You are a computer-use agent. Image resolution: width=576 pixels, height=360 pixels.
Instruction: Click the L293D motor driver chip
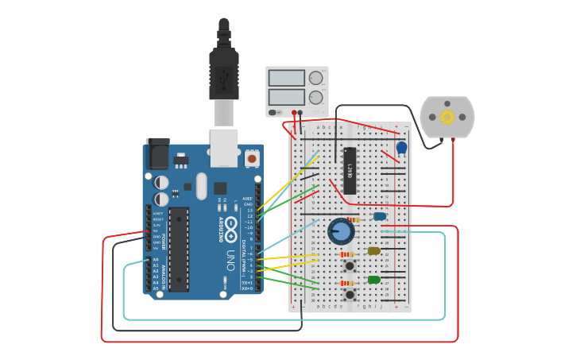click(x=350, y=171)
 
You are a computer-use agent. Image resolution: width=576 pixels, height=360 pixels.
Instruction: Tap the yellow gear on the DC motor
click(x=447, y=117)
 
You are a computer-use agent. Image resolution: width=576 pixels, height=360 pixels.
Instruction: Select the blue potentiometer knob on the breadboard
click(x=342, y=231)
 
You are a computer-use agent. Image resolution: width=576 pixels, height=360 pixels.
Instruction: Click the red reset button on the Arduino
click(x=252, y=158)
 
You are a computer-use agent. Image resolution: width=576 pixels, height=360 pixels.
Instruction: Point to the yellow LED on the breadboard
click(x=374, y=251)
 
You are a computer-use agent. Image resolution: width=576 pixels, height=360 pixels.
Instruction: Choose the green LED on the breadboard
click(x=374, y=280)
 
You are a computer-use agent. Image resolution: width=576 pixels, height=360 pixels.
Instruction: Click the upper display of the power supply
click(x=286, y=78)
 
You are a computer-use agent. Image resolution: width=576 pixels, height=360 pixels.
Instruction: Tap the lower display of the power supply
click(x=286, y=97)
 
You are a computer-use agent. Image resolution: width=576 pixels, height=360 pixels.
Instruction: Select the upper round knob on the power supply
click(x=316, y=78)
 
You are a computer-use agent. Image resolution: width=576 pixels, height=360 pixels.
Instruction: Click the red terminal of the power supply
click(x=294, y=113)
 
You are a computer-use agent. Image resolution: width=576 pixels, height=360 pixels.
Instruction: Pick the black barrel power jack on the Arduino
click(x=158, y=153)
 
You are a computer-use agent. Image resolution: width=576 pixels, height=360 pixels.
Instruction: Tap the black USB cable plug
click(x=224, y=75)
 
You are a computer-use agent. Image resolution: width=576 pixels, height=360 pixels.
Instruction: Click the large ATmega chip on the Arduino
click(x=179, y=249)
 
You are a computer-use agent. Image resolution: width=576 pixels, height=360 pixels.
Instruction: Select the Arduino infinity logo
click(x=230, y=225)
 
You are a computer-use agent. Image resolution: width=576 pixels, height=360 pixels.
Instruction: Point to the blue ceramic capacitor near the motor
click(x=401, y=147)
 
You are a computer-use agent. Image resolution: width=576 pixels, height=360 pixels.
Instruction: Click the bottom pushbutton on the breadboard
click(x=349, y=294)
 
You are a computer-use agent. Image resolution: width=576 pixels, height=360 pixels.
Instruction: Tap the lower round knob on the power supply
click(x=316, y=97)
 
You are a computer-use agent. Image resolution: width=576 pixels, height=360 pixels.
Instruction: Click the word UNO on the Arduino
click(x=230, y=259)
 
